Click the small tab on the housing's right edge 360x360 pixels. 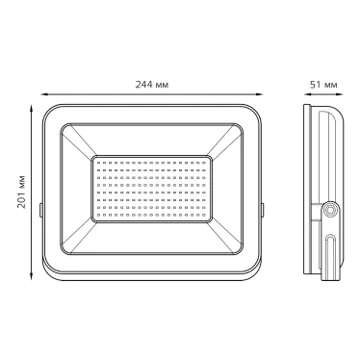point(262,207)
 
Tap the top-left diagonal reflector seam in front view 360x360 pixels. point(79,141)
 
